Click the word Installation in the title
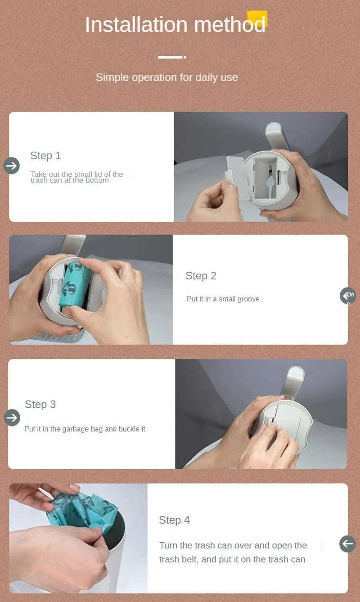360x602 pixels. click(136, 25)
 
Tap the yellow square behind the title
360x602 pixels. click(257, 18)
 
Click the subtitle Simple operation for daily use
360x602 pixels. click(166, 77)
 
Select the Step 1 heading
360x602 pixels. click(46, 156)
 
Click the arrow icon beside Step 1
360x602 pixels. click(12, 166)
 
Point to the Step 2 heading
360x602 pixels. click(201, 276)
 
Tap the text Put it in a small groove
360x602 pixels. click(223, 299)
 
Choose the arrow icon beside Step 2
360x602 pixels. click(348, 296)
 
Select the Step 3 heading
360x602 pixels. click(40, 404)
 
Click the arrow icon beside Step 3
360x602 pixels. click(12, 418)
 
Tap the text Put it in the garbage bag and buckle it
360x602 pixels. click(85, 429)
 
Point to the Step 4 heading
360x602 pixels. click(174, 520)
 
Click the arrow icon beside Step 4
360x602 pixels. click(347, 544)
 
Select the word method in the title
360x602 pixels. click(230, 25)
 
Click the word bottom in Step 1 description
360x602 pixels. click(97, 180)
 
